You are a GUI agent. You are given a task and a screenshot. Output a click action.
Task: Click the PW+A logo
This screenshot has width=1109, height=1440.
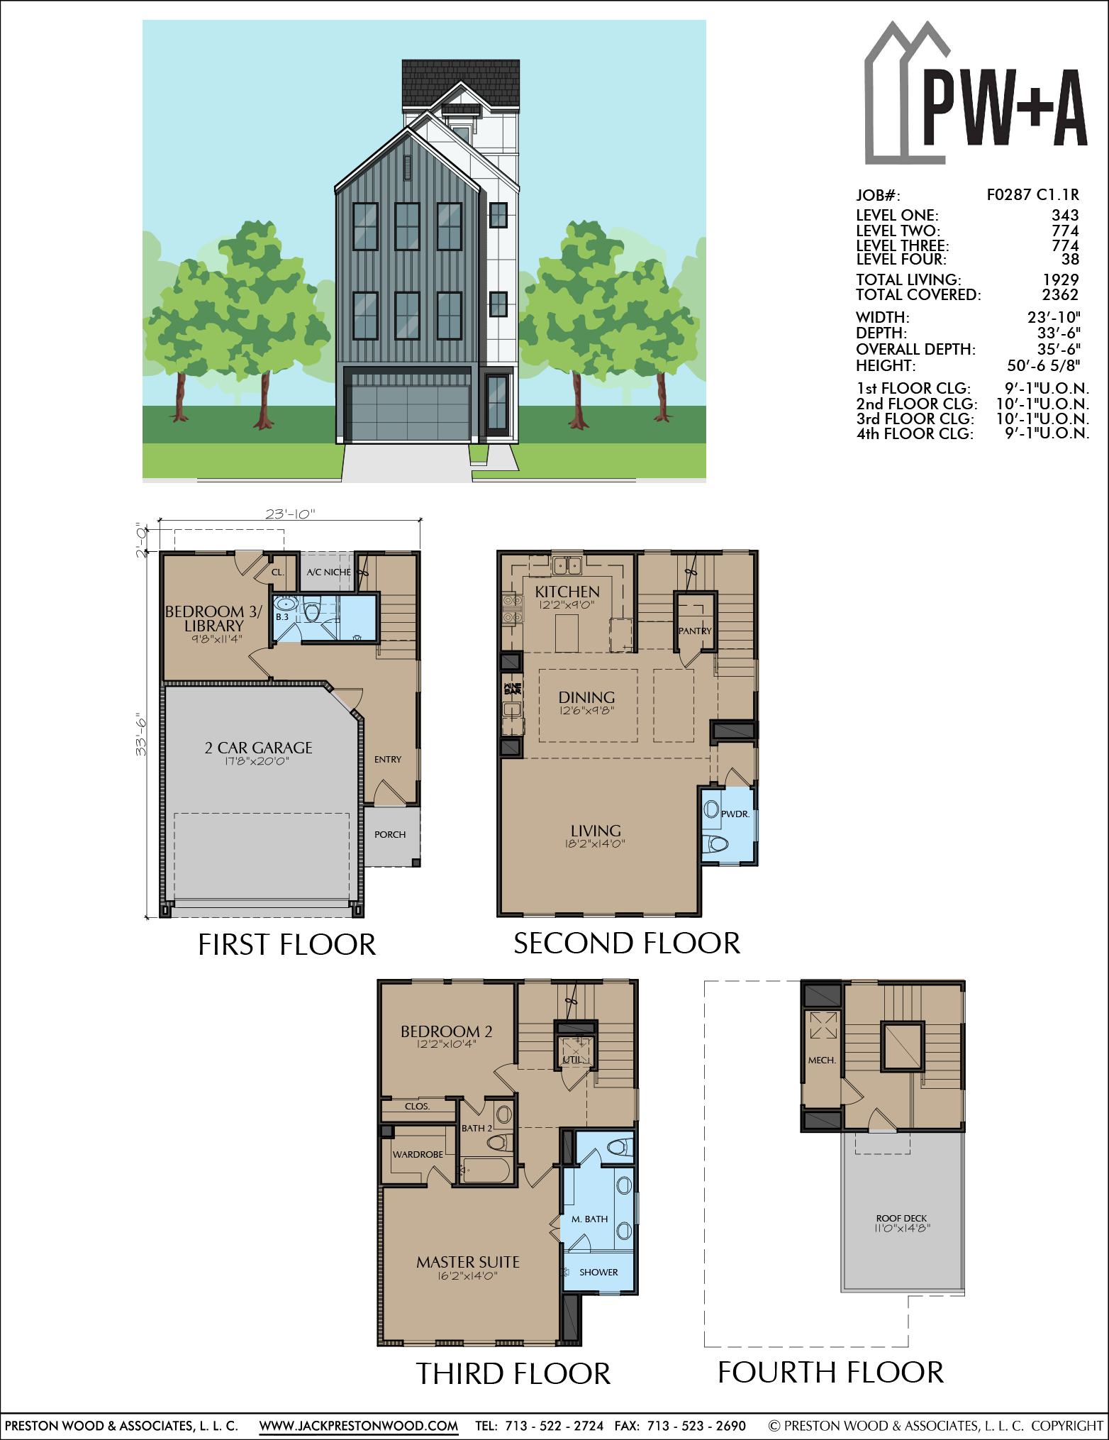click(975, 96)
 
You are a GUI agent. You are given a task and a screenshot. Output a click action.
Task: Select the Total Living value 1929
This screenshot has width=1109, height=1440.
click(1060, 279)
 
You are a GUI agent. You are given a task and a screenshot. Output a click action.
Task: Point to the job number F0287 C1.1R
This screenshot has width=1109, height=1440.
click(1032, 194)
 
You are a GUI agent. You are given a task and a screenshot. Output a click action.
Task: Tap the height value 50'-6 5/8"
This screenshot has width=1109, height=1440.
click(1043, 365)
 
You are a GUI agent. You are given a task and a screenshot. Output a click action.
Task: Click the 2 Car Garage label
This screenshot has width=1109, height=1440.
click(258, 748)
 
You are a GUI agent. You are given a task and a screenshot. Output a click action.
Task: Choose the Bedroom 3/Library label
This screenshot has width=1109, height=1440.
click(213, 619)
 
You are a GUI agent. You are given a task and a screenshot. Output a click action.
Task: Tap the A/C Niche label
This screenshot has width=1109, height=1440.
click(328, 572)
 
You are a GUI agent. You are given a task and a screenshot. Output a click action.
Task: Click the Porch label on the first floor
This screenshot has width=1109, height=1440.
click(390, 834)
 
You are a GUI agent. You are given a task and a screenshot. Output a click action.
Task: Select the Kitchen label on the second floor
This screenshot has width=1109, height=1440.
click(567, 591)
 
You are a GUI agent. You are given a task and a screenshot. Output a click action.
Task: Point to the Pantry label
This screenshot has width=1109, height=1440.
click(695, 631)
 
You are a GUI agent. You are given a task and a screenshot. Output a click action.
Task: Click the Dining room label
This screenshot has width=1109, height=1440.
click(586, 697)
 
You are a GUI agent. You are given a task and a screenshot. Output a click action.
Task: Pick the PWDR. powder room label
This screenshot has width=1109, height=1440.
click(735, 814)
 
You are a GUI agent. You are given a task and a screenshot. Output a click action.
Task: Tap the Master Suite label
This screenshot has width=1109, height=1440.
click(468, 1262)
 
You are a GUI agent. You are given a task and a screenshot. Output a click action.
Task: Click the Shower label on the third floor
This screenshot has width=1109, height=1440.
click(598, 1272)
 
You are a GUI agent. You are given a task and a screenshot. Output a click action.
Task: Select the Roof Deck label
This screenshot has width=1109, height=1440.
click(901, 1218)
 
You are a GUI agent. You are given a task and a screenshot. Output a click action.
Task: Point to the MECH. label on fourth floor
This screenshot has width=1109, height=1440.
click(822, 1060)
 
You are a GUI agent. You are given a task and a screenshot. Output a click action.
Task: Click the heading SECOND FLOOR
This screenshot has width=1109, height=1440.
click(627, 943)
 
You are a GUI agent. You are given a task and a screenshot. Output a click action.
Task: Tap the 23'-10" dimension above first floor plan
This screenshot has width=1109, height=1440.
click(290, 514)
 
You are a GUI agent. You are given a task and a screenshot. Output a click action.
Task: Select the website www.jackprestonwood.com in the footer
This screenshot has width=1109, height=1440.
click(358, 1425)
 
